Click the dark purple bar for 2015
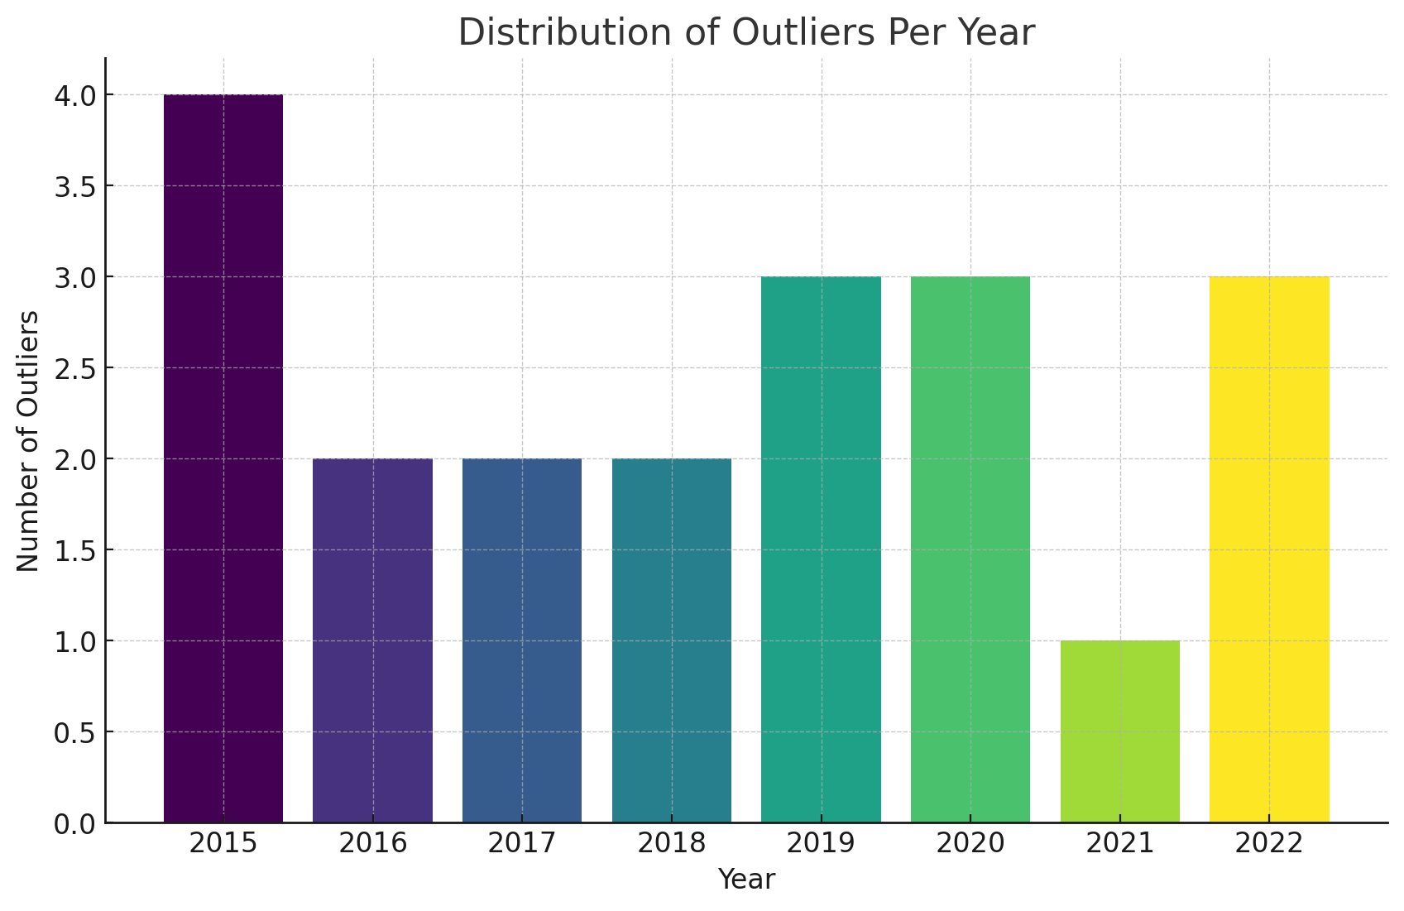pos(223,458)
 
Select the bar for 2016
pos(372,640)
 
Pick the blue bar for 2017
pos(522,640)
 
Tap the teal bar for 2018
pos(671,640)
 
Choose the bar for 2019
pos(821,549)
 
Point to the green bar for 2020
pos(970,549)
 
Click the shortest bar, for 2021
pos(1119,731)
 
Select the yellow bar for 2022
pos(1269,549)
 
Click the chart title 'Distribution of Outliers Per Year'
pos(746,33)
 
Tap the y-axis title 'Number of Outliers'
pos(28,441)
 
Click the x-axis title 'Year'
pos(746,880)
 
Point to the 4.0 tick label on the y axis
pos(74,95)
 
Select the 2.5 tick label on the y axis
pos(74,368)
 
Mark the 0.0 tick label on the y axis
pos(74,823)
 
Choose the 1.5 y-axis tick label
pos(74,550)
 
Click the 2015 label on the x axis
pos(223,843)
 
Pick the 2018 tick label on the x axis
pos(671,843)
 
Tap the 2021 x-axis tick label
pos(1119,843)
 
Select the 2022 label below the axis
pos(1269,843)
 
